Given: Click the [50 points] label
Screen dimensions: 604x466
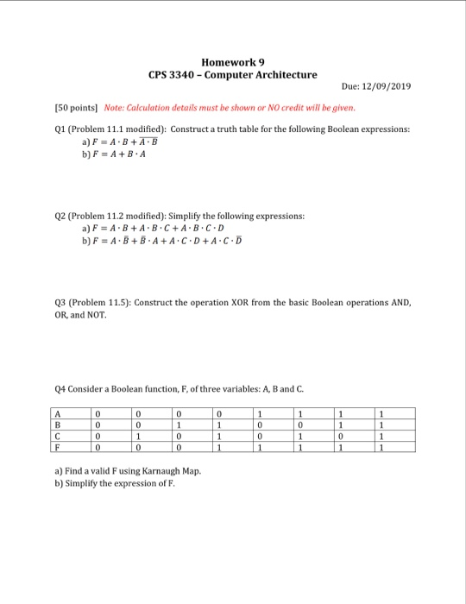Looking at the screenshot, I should click(75, 108).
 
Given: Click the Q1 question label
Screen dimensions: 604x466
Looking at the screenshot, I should click(60, 127).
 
